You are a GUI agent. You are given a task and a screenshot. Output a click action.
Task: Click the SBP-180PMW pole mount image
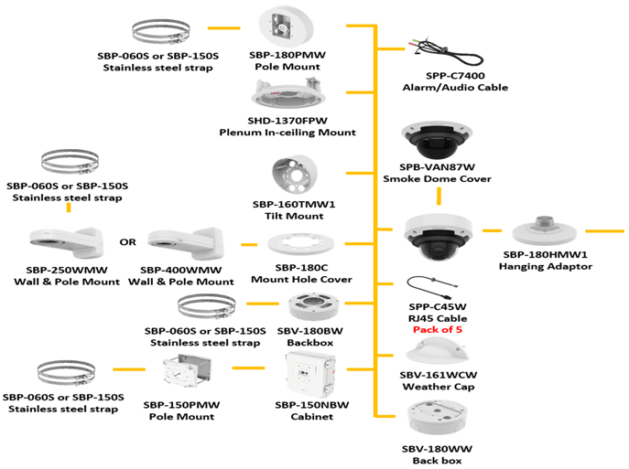[x=287, y=28]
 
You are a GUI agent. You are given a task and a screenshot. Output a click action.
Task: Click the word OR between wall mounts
[x=128, y=243]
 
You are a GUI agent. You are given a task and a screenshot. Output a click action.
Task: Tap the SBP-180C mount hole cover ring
[x=300, y=247]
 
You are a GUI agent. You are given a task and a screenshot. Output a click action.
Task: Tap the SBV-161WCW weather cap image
[x=437, y=351]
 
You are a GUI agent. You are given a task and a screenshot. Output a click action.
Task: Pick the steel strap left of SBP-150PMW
[x=66, y=372]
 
